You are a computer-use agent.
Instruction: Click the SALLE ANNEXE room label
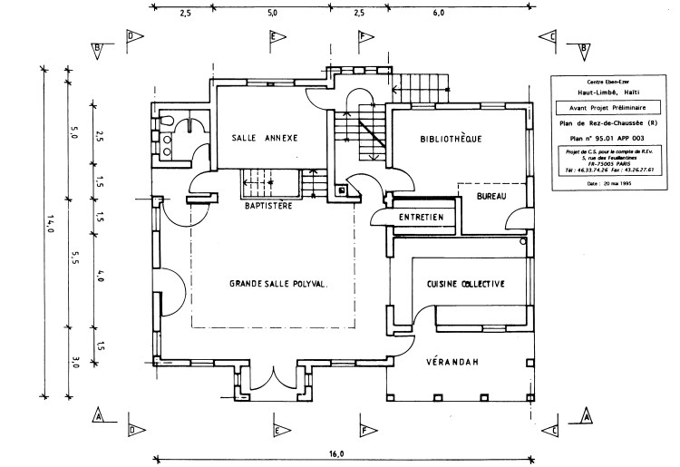point(266,138)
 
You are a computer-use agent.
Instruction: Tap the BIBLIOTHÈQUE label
point(451,139)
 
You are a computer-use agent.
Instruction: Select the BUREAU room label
point(490,197)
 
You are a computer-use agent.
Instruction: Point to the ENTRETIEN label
point(422,218)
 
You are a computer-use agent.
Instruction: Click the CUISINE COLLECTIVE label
point(465,285)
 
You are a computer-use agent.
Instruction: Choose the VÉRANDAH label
point(452,364)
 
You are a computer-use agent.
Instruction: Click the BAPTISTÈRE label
point(267,207)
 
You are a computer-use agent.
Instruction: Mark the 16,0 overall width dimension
point(336,453)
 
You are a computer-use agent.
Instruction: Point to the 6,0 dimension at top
point(439,15)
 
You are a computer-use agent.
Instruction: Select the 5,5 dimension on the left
point(75,257)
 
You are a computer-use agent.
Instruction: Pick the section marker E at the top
point(277,36)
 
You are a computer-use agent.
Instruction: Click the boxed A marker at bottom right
point(586,416)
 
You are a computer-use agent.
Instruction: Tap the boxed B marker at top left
point(99,47)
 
